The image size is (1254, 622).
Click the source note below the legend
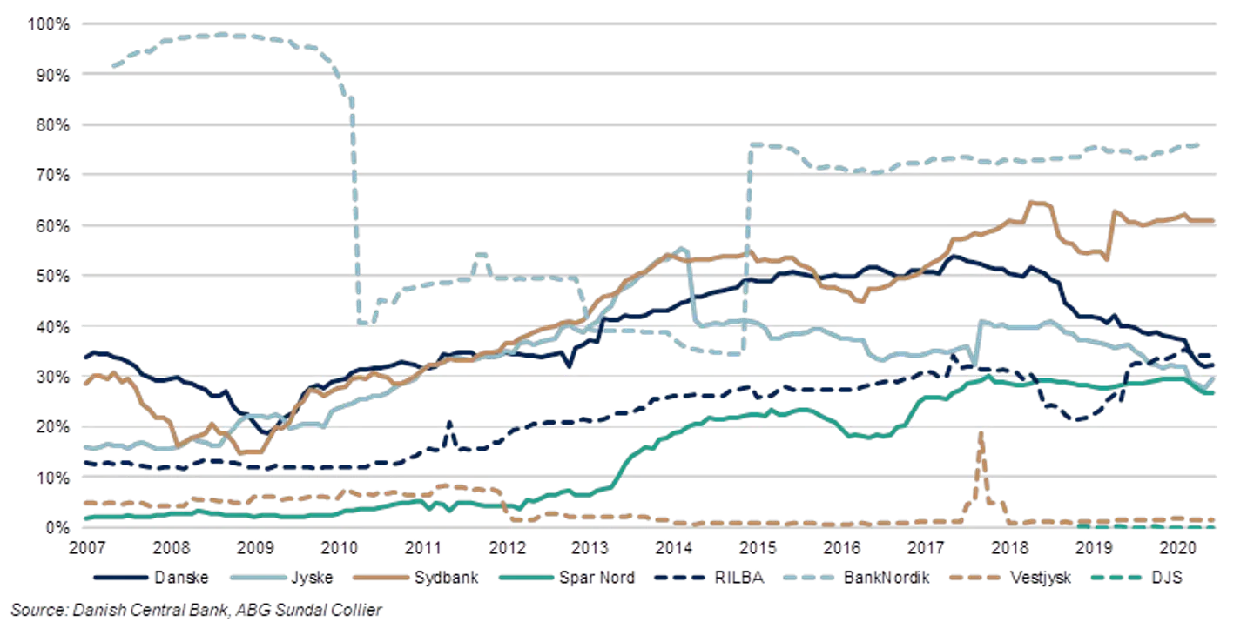196,610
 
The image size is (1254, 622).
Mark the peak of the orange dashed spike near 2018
982,432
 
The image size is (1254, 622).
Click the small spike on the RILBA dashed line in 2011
450,423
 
